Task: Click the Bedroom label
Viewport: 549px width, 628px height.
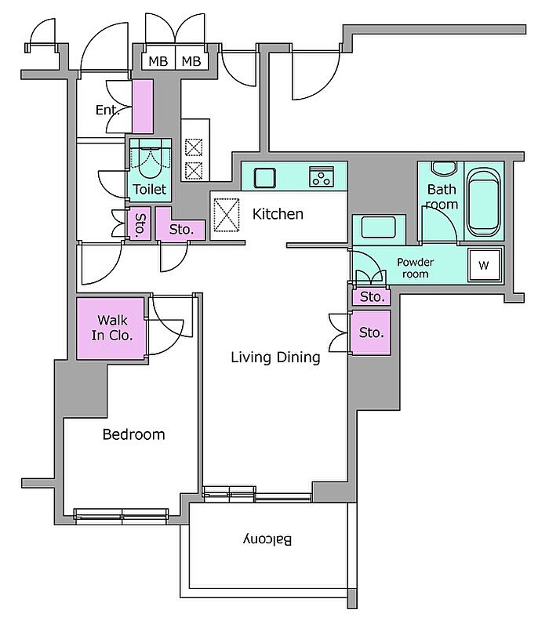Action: pyautogui.click(x=133, y=434)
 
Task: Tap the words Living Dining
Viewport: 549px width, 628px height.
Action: pyautogui.click(x=276, y=358)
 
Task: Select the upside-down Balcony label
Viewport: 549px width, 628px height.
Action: pyautogui.click(x=267, y=540)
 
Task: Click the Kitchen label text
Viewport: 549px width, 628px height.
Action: pyautogui.click(x=278, y=214)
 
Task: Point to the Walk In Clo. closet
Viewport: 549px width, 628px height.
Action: pyautogui.click(x=111, y=328)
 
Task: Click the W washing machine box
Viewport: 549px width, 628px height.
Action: pyautogui.click(x=485, y=265)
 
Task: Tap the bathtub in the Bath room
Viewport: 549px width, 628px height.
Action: pyautogui.click(x=484, y=202)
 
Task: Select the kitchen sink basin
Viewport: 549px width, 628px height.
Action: pyautogui.click(x=265, y=178)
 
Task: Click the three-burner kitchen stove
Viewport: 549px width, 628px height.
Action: pyautogui.click(x=322, y=176)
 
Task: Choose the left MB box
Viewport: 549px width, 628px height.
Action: pyautogui.click(x=158, y=61)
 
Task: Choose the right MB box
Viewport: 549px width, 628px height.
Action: pyautogui.click(x=191, y=61)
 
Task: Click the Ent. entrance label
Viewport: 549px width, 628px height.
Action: pyautogui.click(x=107, y=110)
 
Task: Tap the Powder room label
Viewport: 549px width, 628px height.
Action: pyautogui.click(x=415, y=268)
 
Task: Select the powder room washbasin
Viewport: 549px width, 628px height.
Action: pyautogui.click(x=379, y=227)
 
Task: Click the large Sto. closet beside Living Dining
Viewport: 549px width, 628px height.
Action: pyautogui.click(x=371, y=332)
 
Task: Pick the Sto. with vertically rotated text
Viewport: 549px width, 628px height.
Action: pyautogui.click(x=139, y=223)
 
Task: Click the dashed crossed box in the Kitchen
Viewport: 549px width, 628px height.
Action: pyautogui.click(x=226, y=215)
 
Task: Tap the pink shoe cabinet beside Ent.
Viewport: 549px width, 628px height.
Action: pyautogui.click(x=143, y=106)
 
